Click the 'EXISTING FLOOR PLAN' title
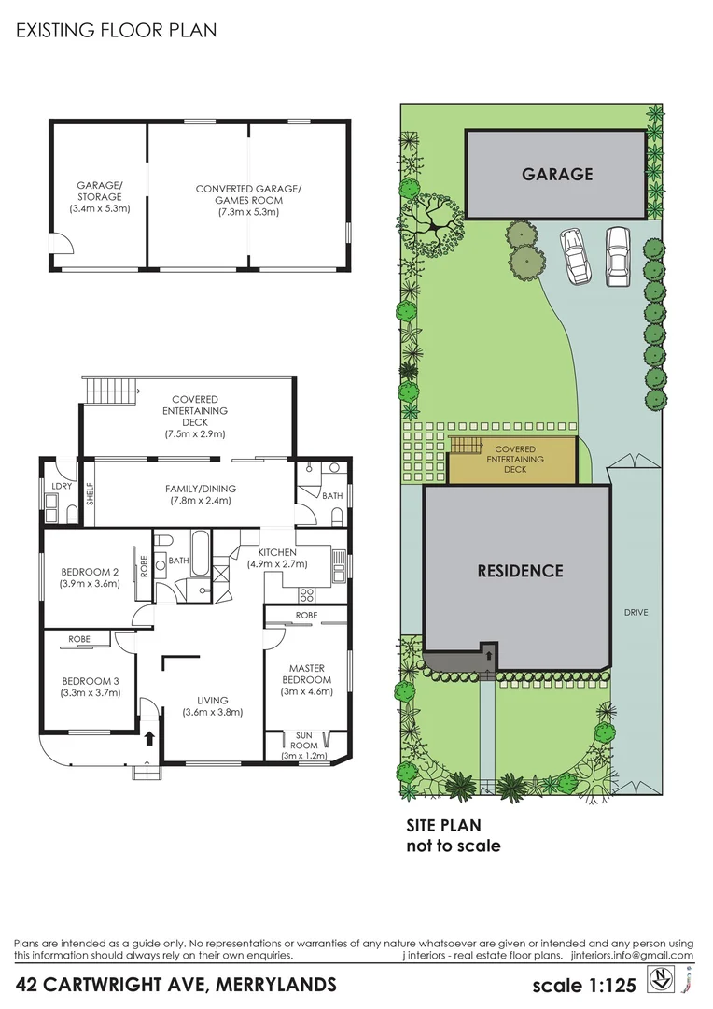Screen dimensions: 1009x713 [x=117, y=30]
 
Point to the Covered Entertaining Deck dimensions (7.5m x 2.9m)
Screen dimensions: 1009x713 [x=195, y=433]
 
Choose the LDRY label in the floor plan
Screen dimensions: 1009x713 [x=63, y=486]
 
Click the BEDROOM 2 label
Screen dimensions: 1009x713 [x=91, y=572]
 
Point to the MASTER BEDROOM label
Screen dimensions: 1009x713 [x=306, y=674]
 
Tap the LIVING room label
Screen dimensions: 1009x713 [x=212, y=700]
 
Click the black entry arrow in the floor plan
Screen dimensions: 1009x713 [x=149, y=738]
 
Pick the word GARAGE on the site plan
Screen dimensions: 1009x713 [x=557, y=174]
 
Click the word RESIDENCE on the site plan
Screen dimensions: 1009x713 [x=521, y=571]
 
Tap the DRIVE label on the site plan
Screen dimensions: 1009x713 [x=636, y=613]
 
